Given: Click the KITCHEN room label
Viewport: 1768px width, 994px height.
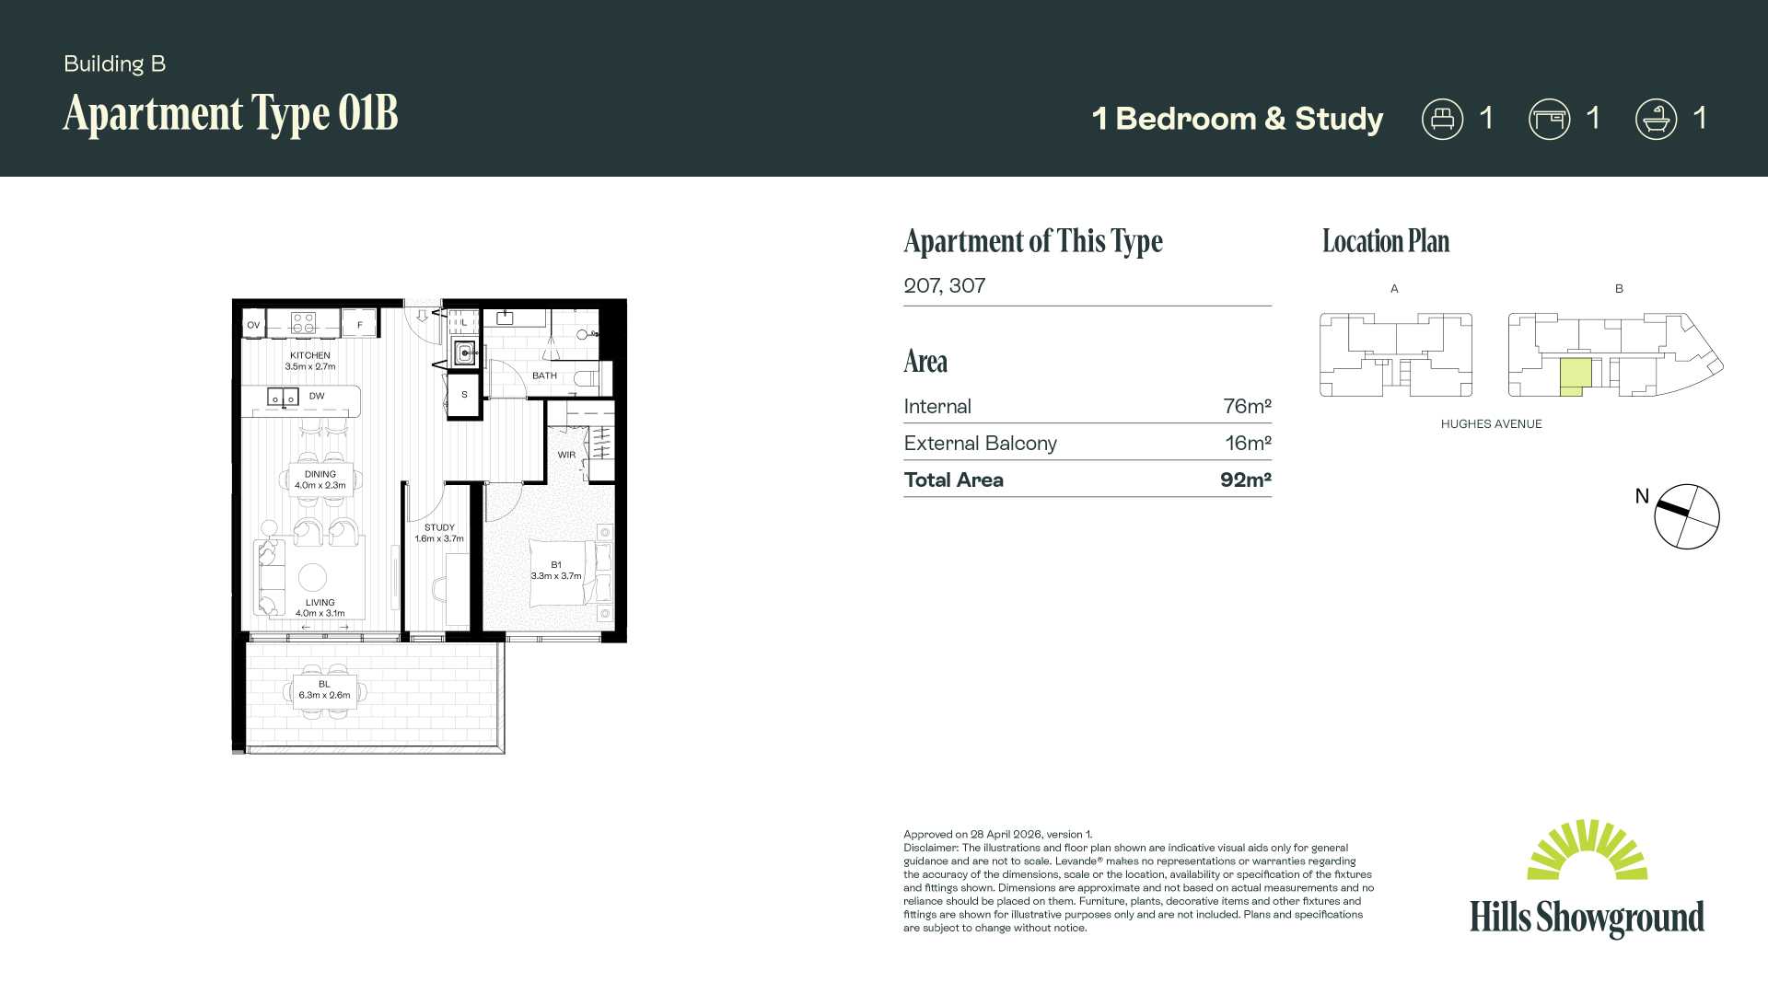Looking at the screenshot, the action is pos(310,355).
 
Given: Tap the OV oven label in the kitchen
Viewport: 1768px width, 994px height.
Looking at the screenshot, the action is pos(253,325).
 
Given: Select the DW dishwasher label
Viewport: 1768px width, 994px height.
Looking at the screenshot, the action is pos(317,396).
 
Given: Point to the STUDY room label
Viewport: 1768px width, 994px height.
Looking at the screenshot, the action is pos(439,527).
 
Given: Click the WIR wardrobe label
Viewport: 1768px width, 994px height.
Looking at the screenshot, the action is pos(566,455).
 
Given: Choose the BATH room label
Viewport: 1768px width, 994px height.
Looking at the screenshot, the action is pos(544,376).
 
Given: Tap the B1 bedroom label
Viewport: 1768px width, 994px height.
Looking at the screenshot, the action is pos(556,564).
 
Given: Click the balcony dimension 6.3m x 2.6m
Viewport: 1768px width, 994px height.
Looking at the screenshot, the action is pos(324,695).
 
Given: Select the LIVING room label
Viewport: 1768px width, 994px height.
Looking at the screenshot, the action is pos(320,602).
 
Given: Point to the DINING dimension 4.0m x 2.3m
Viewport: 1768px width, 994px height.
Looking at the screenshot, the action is pos(320,485).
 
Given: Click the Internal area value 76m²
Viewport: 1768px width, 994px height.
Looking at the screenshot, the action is pos(1247,406).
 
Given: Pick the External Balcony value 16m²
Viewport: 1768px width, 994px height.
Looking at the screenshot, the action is pos(1248,443).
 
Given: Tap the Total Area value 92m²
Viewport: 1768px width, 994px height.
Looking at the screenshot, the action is pos(1245,480).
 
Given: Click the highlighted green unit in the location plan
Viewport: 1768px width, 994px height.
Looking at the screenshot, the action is pos(1575,376).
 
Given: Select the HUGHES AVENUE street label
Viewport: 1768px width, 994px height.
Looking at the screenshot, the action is pos(1491,424).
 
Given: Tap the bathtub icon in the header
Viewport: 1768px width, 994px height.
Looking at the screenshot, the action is pos(1656,120).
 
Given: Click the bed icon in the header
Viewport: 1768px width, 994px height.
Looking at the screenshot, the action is pos(1442,120).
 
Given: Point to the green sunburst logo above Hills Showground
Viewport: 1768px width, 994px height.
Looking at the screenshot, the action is pos(1587,849).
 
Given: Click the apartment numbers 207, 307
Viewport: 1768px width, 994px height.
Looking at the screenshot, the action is pos(944,285).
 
